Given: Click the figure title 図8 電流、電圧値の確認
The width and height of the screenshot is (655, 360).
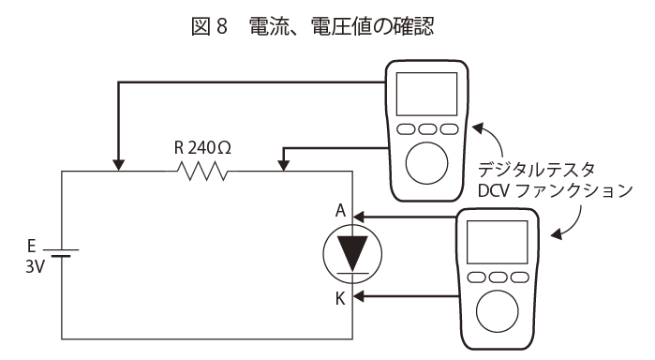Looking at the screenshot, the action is point(312,26).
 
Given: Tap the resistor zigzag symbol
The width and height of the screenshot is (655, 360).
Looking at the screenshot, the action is point(202,171).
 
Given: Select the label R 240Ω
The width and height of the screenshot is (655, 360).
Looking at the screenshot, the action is point(202,147).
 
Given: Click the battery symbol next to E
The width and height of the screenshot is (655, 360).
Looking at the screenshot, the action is point(61,252).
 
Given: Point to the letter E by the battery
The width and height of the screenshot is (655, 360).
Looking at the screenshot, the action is point(31,246).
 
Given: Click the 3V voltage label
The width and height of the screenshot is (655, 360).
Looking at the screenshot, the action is point(35,266).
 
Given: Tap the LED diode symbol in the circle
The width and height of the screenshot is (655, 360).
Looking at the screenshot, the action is point(352,254).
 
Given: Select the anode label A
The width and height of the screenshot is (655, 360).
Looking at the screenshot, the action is point(341,210).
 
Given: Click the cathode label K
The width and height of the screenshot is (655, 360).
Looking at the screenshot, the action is point(340,298).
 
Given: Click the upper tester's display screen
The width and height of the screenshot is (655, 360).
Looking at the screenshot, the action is point(426,94).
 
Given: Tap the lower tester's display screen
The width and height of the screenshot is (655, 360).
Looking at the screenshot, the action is point(497,242).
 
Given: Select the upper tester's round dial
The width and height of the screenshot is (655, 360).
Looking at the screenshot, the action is point(426,163).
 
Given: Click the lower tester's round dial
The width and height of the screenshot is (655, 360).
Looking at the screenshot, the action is point(497,311).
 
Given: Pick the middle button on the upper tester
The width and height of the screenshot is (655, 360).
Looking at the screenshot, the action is point(427,129).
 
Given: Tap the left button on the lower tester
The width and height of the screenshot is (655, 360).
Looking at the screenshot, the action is point(476,277).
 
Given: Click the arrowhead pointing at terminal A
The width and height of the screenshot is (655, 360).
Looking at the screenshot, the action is point(358,217).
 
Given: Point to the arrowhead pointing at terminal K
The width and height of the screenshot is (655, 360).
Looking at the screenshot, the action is point(358,296).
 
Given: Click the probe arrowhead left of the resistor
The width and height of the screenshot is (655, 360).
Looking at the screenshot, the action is point(119,165).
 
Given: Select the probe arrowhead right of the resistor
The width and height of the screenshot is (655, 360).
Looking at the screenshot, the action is point(284,165).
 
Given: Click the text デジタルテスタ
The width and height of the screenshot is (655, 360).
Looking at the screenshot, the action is point(536,171).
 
